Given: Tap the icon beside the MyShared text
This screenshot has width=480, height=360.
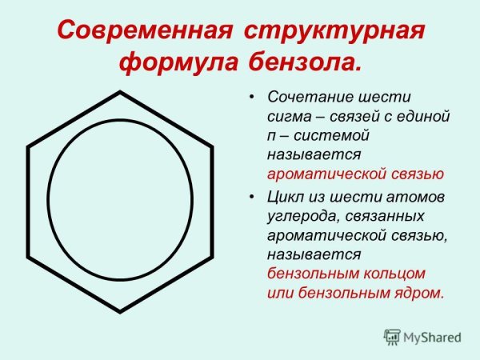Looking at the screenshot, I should pyautogui.click(x=392, y=337).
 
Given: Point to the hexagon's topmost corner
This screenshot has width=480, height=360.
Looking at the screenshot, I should pyautogui.click(x=120, y=93).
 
